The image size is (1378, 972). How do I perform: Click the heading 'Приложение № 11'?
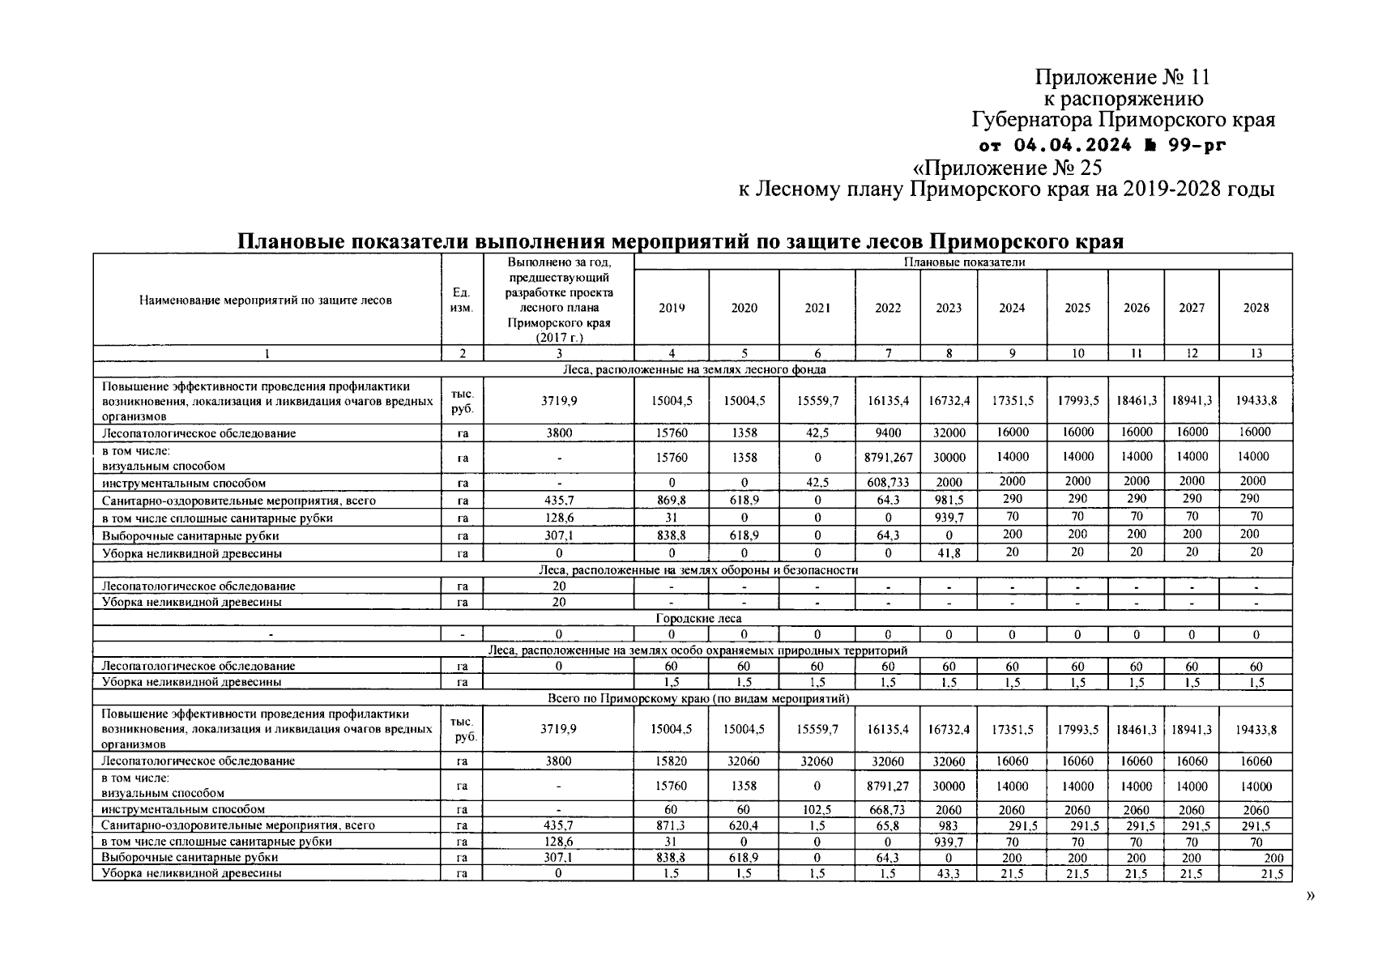click(1122, 78)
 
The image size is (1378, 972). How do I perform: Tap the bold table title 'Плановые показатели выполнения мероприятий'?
click(680, 241)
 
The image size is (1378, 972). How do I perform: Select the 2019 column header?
click(671, 308)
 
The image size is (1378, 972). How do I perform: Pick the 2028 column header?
click(1256, 308)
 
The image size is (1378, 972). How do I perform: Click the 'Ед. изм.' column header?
click(462, 301)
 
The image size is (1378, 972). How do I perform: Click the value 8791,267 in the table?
click(888, 458)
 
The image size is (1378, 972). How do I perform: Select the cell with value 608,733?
click(888, 483)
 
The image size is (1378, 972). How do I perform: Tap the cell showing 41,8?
click(949, 554)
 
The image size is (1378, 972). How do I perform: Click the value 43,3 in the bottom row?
click(949, 874)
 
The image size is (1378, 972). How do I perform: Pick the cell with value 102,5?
click(817, 810)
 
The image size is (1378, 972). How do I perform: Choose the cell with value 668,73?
click(888, 810)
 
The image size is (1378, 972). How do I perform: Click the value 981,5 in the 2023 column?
click(949, 501)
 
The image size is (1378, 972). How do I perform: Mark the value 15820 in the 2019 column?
click(671, 761)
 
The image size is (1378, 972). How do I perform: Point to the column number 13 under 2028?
click(1256, 353)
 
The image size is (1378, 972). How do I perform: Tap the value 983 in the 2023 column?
click(949, 826)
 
